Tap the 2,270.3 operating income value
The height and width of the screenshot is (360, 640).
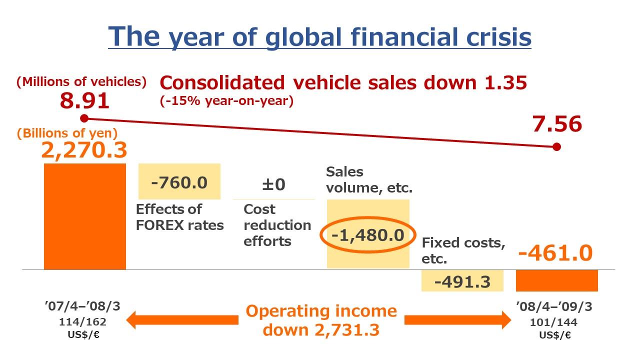point(84,150)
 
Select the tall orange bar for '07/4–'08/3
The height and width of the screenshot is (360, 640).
point(85,216)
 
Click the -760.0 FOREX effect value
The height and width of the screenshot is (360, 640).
point(179,182)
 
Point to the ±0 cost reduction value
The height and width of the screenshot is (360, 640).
point(273,184)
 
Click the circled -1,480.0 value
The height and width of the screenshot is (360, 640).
point(367,235)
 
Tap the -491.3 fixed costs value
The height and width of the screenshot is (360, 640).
point(462,281)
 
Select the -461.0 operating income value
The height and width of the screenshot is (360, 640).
point(555,253)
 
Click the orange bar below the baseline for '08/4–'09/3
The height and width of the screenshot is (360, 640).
point(557,280)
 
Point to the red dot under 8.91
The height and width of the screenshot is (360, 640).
point(84,118)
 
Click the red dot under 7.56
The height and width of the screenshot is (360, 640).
point(556,147)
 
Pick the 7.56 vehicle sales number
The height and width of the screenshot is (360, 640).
point(557,124)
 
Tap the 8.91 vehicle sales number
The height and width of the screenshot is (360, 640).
point(84,100)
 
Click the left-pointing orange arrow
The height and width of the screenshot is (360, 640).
point(182,320)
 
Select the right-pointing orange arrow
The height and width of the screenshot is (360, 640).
point(457,320)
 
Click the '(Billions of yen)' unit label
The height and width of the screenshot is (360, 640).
point(67,133)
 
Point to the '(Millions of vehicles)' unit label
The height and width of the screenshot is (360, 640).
point(81,81)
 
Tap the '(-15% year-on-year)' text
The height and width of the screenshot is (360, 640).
point(226,101)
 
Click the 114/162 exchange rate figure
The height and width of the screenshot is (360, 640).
point(82,322)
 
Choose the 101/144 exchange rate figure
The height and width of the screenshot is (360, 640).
point(553,322)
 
